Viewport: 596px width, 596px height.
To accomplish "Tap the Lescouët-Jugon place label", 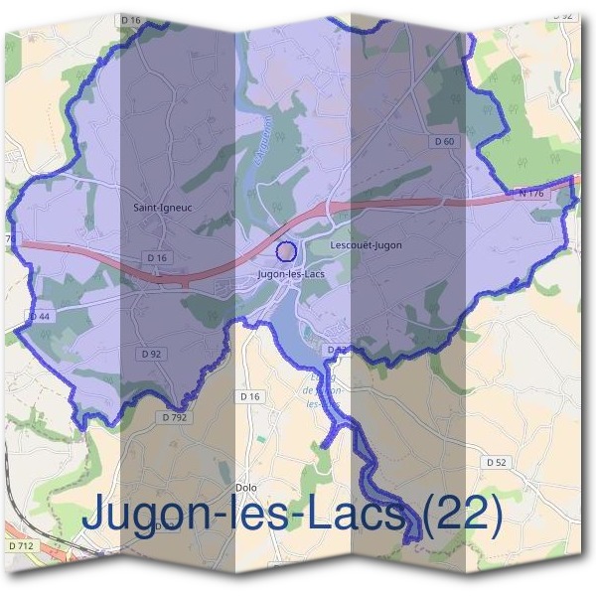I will tap(365, 244).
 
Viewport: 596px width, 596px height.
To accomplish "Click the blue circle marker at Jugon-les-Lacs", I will tap(286, 250).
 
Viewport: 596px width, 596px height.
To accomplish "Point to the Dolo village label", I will tap(246, 488).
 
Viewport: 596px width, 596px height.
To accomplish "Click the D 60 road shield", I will tap(444, 142).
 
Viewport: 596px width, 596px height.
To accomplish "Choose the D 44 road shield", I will tap(40, 316).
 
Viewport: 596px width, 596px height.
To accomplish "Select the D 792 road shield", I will tap(174, 418).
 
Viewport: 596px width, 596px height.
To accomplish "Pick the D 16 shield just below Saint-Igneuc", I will tap(157, 257).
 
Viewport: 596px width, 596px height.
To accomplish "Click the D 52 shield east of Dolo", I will tap(497, 462).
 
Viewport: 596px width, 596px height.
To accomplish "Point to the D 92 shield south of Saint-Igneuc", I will tap(151, 353).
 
